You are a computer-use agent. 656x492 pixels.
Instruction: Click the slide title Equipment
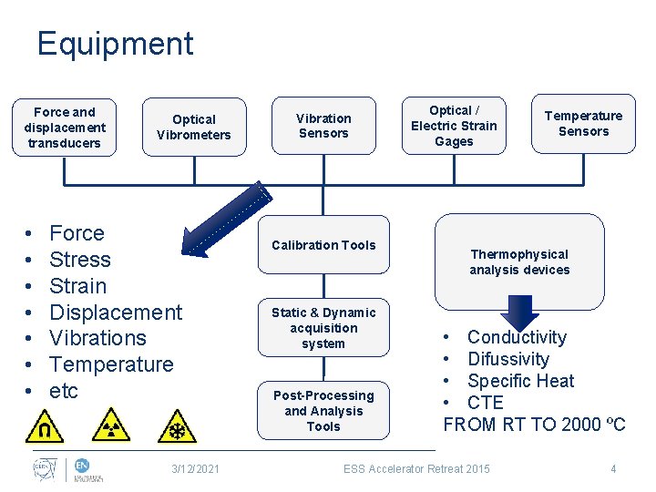115,44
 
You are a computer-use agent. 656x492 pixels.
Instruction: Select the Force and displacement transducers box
65,128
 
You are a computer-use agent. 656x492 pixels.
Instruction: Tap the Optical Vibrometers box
194,128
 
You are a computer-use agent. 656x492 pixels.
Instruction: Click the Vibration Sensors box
323,126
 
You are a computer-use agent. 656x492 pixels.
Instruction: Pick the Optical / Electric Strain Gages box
454,126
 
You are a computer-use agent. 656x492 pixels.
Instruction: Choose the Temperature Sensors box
583,124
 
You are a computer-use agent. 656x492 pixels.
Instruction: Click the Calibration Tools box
323,244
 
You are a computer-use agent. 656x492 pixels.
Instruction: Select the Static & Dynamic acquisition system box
323,328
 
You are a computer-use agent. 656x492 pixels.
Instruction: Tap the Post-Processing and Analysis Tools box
323,411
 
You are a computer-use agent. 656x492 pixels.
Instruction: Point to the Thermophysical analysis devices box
519,261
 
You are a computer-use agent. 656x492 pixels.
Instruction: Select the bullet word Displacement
116,313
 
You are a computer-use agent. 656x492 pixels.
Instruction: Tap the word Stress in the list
80,260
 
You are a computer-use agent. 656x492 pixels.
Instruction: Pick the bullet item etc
64,391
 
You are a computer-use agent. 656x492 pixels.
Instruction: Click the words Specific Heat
520,381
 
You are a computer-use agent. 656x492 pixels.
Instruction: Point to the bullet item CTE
485,403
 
